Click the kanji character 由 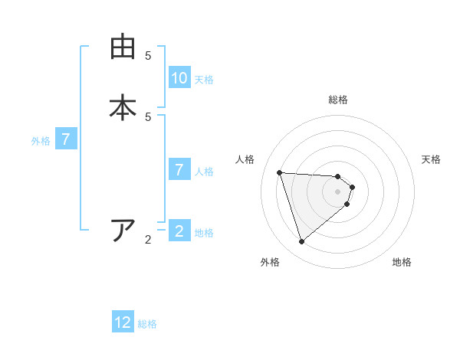point(123,47)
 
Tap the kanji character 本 point(123,107)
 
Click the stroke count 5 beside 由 point(148,55)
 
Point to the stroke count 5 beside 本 point(148,116)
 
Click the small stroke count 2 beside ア point(148,240)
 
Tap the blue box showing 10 point(179,78)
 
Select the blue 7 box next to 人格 point(179,170)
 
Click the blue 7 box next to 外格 point(66,140)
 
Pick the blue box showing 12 point(123,322)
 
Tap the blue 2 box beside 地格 point(179,231)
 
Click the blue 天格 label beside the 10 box point(204,80)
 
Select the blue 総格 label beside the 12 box point(147,324)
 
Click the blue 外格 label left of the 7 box point(41,141)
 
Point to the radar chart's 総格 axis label point(338,100)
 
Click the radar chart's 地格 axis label point(402,262)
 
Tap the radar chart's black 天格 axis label point(431,159)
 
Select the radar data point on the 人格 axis point(279,172)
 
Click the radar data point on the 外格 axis point(301,242)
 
